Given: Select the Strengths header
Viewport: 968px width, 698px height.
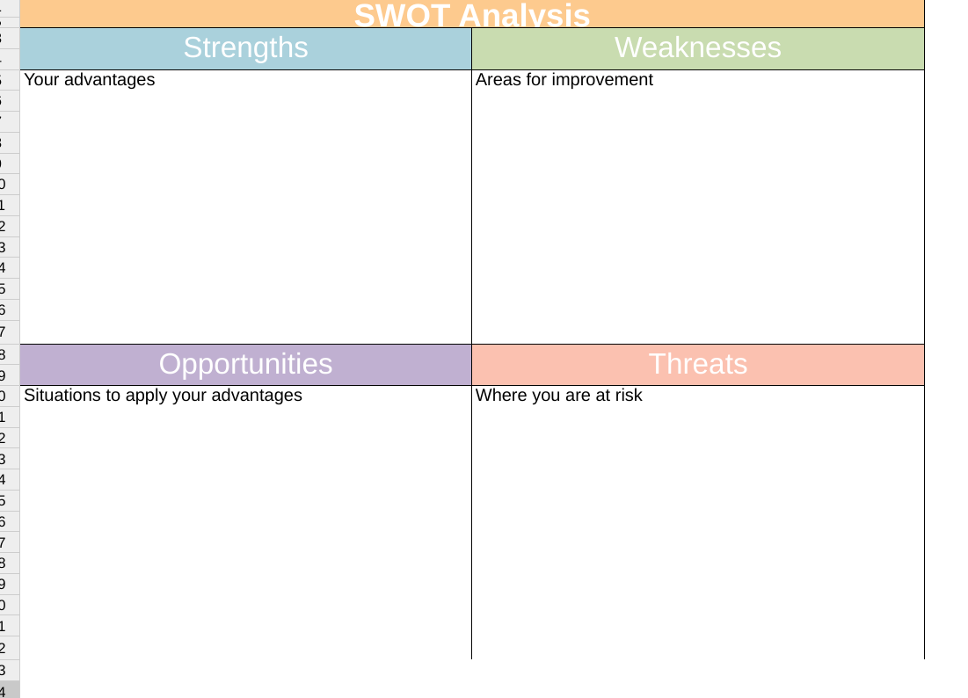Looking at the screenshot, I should click(x=245, y=47).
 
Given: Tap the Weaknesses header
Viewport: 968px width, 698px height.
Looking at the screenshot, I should click(x=697, y=47).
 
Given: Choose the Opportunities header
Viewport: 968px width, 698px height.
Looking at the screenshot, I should click(x=245, y=364).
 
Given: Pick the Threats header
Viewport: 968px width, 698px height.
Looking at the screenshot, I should click(x=697, y=364).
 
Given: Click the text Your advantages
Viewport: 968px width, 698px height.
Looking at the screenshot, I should click(x=89, y=80).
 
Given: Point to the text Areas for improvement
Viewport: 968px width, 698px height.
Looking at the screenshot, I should click(x=564, y=80).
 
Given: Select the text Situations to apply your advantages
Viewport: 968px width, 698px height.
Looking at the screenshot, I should click(x=163, y=396).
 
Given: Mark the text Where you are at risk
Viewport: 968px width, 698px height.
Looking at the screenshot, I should click(x=558, y=396).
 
